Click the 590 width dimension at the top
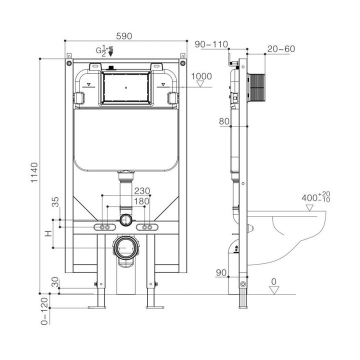(124, 35)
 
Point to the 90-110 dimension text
(211, 44)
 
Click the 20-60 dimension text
(281, 49)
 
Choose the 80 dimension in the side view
(223, 120)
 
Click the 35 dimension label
(55, 202)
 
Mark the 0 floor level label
(273, 282)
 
